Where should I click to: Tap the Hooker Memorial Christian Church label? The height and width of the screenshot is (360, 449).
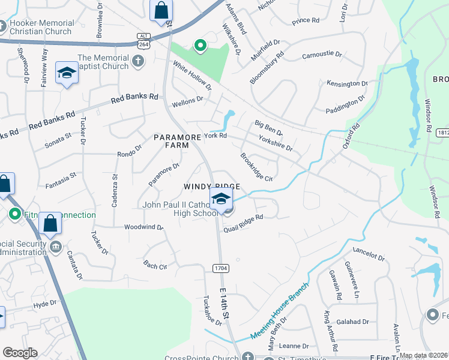click(x=41, y=27)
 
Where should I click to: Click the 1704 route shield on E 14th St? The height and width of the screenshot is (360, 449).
click(x=220, y=268)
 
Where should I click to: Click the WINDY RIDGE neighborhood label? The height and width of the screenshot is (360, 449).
click(x=208, y=187)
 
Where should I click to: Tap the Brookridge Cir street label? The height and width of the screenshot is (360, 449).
click(x=256, y=167)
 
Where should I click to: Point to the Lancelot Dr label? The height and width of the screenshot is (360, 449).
click(x=369, y=256)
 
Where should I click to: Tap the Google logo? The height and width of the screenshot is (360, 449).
click(x=20, y=353)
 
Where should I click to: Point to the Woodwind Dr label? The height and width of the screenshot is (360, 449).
click(x=144, y=227)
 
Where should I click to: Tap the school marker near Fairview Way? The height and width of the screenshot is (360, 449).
click(x=67, y=73)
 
